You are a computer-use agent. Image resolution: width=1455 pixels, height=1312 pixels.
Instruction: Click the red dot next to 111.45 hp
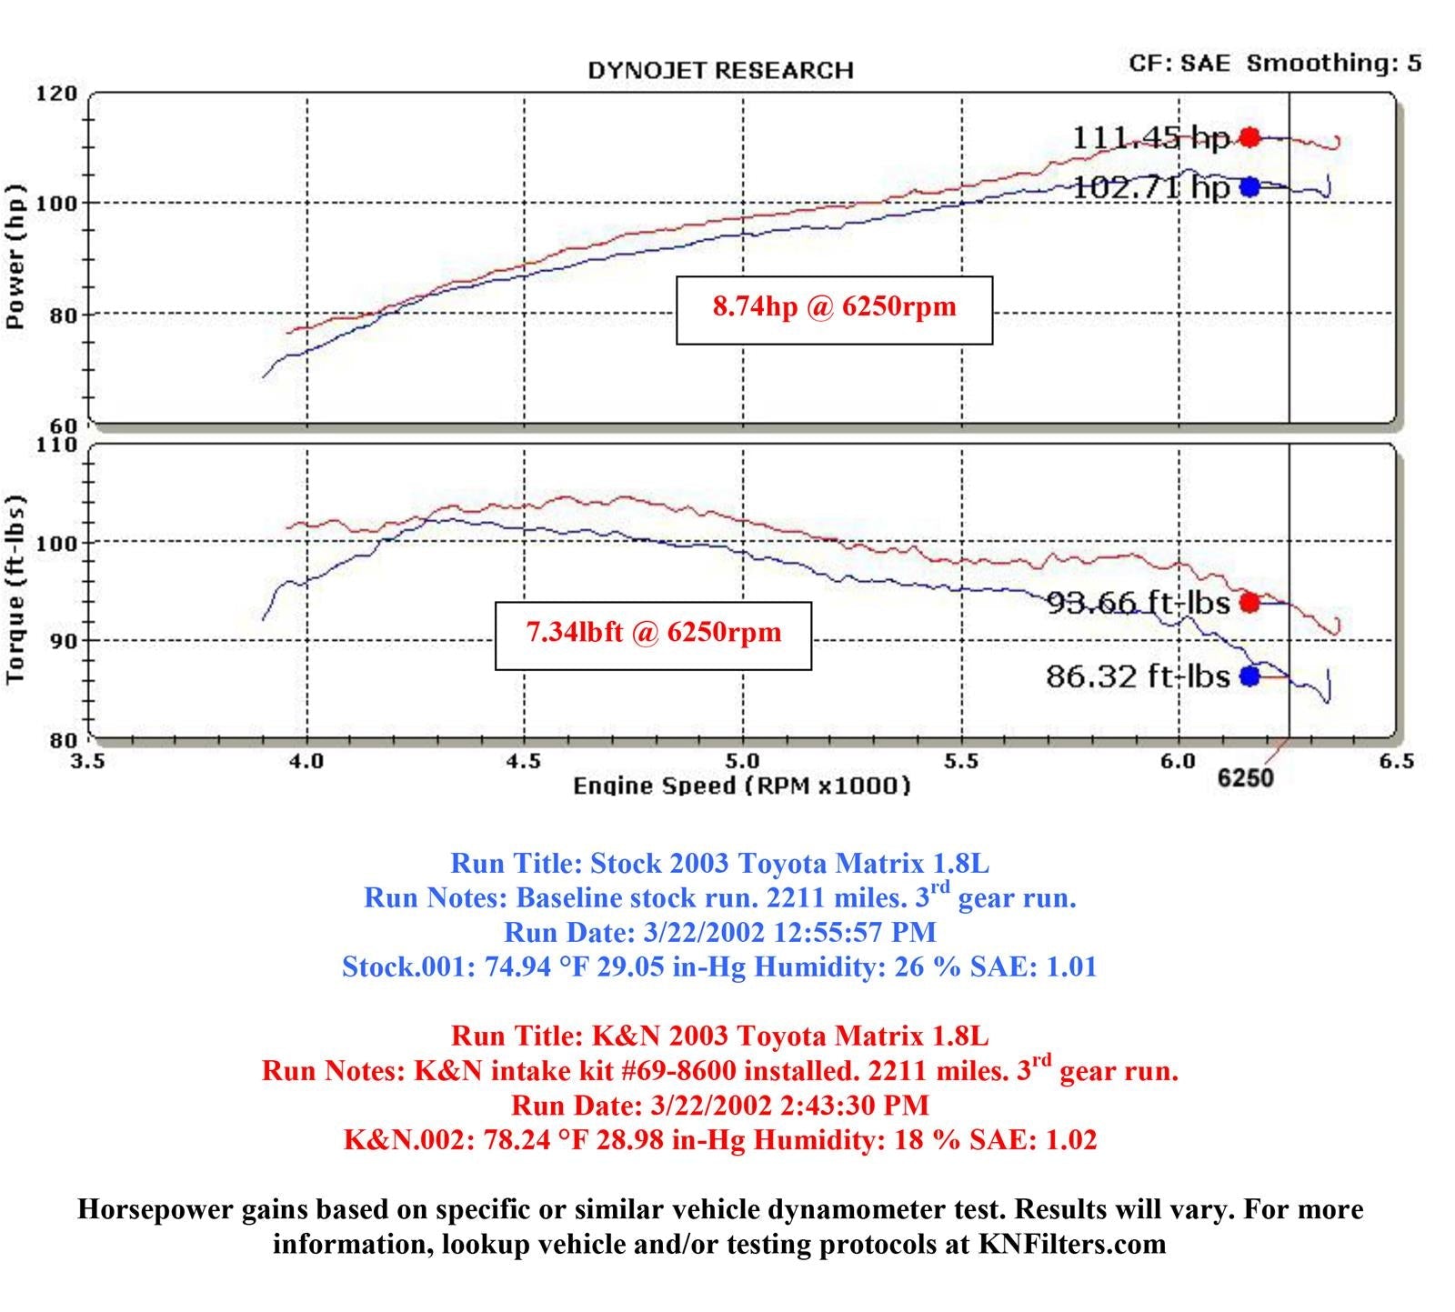[1249, 137]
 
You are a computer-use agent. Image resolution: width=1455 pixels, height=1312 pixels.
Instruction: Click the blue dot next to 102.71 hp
[1249, 186]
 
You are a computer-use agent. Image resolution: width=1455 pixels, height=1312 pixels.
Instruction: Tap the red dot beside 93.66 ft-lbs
[1249, 602]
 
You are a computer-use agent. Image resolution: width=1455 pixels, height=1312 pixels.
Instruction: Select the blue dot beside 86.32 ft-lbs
[1249, 676]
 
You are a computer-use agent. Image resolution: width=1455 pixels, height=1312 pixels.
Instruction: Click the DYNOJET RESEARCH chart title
[720, 71]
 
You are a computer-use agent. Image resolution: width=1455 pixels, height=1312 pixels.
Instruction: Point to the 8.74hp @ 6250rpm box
[834, 310]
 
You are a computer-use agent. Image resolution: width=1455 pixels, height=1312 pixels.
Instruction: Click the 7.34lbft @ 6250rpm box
[653, 636]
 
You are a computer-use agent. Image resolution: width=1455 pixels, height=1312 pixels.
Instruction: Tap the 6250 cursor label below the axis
[1245, 778]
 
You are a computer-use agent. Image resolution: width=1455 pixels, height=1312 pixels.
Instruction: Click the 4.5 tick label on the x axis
[524, 761]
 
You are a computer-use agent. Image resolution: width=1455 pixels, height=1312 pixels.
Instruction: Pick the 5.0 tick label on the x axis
[743, 761]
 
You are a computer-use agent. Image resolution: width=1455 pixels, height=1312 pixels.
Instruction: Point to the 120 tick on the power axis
[56, 94]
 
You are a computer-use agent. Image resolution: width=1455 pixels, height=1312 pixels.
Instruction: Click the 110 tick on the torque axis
[56, 445]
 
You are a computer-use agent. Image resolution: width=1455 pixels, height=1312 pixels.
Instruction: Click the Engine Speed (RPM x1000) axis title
[741, 786]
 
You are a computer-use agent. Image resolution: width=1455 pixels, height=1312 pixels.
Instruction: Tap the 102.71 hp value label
[1150, 188]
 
